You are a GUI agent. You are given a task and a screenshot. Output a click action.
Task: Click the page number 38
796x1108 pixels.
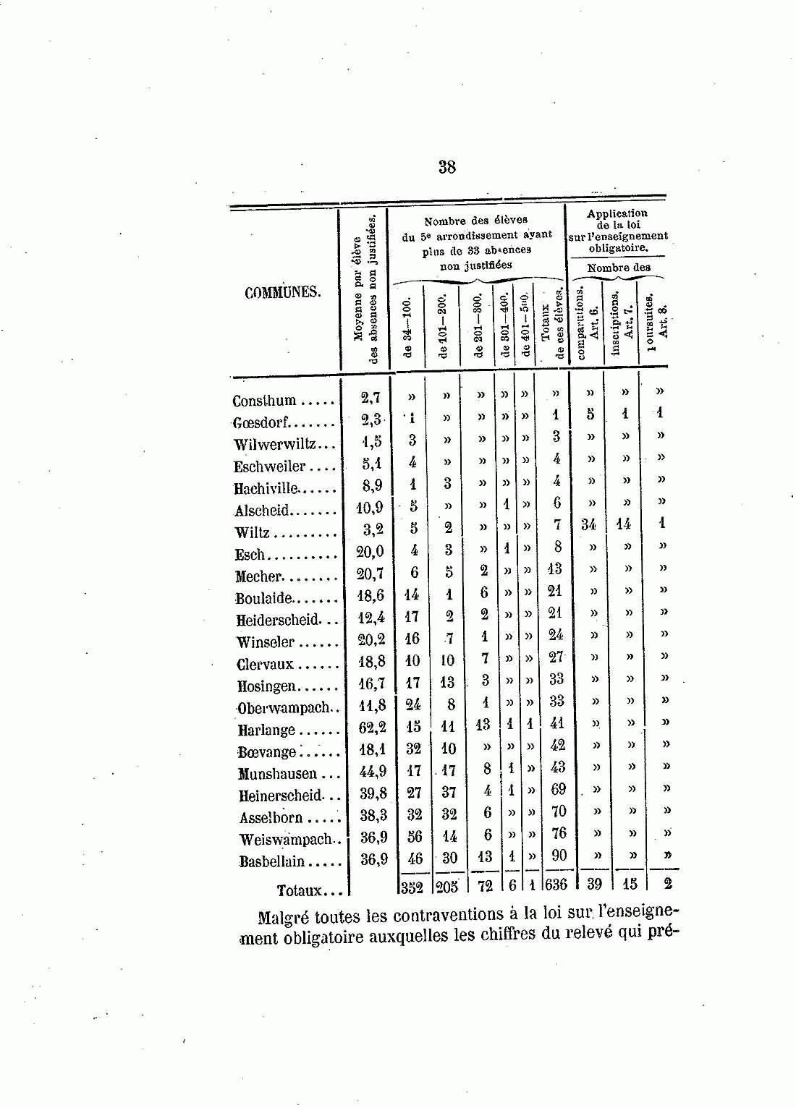coord(446,167)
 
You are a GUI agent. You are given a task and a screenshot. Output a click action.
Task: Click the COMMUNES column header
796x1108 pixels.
coord(281,293)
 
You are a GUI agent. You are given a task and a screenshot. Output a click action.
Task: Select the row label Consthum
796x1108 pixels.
coord(265,401)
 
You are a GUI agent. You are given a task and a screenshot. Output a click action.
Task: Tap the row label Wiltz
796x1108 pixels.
coord(252,533)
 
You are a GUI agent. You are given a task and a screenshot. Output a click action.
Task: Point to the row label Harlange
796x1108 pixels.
coord(266,730)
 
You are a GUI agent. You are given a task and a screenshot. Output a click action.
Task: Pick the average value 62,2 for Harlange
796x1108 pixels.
coord(373,728)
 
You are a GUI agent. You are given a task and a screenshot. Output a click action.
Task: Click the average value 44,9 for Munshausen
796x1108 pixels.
coord(373,772)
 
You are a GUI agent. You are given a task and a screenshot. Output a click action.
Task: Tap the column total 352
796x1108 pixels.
coord(411,885)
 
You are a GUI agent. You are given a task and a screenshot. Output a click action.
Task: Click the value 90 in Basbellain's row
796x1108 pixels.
coord(559,856)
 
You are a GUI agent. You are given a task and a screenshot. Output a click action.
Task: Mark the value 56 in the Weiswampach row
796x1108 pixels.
coord(414,836)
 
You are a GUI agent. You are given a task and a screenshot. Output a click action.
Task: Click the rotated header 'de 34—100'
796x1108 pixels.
coord(407,327)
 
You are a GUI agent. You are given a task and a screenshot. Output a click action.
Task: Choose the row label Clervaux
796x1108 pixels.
coord(265,665)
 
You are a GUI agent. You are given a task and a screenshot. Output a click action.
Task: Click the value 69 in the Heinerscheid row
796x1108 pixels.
coord(558,789)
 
